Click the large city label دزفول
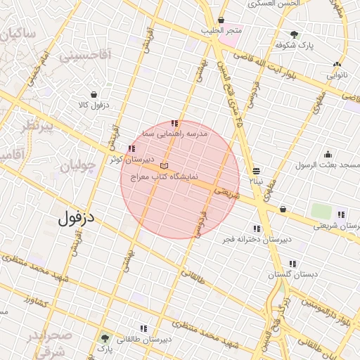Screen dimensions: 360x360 click(x=77, y=219)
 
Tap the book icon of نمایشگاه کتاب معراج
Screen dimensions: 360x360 click(x=165, y=165)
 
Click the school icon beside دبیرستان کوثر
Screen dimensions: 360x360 click(x=131, y=148)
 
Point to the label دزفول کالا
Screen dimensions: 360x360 click(x=94, y=105)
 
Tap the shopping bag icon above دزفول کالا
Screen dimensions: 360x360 click(x=94, y=94)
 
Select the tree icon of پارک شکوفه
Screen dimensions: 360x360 click(x=294, y=34)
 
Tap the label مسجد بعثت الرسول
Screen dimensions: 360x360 click(x=327, y=165)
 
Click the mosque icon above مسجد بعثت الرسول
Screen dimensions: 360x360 click(x=328, y=155)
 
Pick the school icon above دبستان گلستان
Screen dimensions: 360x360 click(x=292, y=264)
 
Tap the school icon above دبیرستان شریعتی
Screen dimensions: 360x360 click(x=341, y=214)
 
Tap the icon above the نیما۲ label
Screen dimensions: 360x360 click(x=257, y=171)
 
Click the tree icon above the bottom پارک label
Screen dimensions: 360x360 click(x=105, y=338)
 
